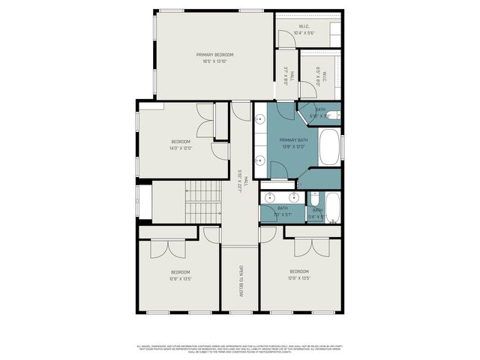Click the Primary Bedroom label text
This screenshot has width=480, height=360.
(214, 55)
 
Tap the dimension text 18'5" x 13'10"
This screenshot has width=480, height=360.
(214, 61)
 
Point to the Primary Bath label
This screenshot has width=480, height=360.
(294, 140)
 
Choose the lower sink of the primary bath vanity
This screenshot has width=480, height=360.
(259, 160)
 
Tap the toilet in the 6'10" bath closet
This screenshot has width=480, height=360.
(337, 115)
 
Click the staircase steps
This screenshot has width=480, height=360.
(200, 202)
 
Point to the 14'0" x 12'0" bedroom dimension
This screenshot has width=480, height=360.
(181, 148)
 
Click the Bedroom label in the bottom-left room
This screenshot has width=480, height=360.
(180, 271)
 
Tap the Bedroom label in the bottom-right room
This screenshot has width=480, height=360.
(299, 271)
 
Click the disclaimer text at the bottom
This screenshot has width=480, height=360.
(240, 349)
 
